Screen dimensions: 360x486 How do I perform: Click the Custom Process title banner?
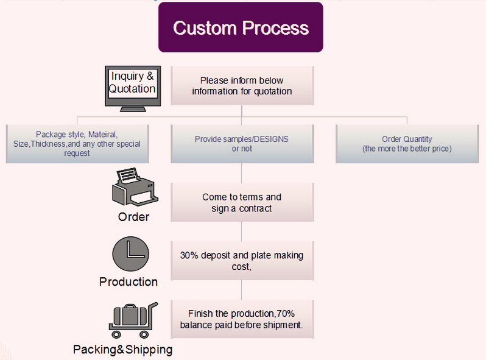241,27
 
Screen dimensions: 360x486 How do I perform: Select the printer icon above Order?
135,187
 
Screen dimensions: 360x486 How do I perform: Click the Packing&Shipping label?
123,350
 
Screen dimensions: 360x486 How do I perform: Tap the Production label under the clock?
129,282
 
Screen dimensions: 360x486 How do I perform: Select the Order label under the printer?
133,216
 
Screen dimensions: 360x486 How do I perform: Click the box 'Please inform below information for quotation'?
242,86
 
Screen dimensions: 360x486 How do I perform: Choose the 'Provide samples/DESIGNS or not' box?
242,144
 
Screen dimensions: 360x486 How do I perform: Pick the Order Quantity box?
407,144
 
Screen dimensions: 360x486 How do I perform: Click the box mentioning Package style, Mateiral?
77,144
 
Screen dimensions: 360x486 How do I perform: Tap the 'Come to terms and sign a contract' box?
242,202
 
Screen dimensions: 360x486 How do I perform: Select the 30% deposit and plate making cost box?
242,261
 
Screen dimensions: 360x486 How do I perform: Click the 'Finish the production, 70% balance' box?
242,319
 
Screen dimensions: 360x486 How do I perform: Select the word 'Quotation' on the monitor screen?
132,89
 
